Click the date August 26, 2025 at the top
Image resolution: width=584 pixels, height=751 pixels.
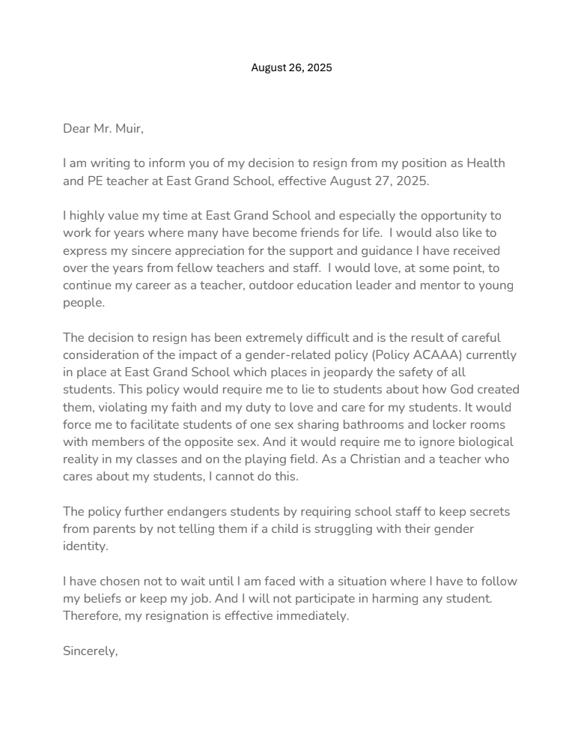[x=291, y=67]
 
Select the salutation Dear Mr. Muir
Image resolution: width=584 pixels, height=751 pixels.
[x=103, y=128]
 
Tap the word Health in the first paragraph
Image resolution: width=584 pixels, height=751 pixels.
[x=487, y=163]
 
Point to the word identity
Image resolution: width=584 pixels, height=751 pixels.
[x=85, y=546]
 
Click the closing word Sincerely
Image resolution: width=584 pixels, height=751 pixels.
[x=90, y=651]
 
